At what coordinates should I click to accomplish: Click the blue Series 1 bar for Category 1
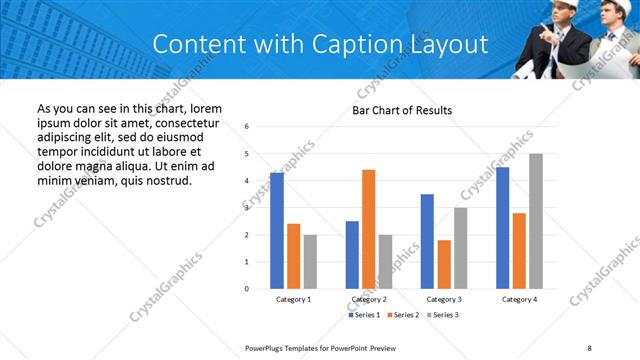(x=277, y=231)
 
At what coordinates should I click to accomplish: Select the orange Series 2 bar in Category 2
(x=368, y=229)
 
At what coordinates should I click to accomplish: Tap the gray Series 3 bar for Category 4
(x=535, y=221)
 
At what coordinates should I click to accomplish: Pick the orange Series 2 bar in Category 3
(x=444, y=264)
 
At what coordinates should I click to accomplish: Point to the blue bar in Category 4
(x=502, y=228)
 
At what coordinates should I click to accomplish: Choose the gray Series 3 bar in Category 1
(x=310, y=262)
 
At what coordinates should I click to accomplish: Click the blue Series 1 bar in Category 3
(x=427, y=241)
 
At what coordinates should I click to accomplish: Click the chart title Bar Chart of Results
(x=402, y=110)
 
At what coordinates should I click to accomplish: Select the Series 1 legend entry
(x=364, y=315)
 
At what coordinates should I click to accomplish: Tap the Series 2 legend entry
(x=402, y=315)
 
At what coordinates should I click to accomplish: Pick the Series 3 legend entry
(x=440, y=315)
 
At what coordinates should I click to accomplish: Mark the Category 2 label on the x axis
(x=369, y=299)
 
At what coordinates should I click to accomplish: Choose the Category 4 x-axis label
(x=519, y=299)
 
